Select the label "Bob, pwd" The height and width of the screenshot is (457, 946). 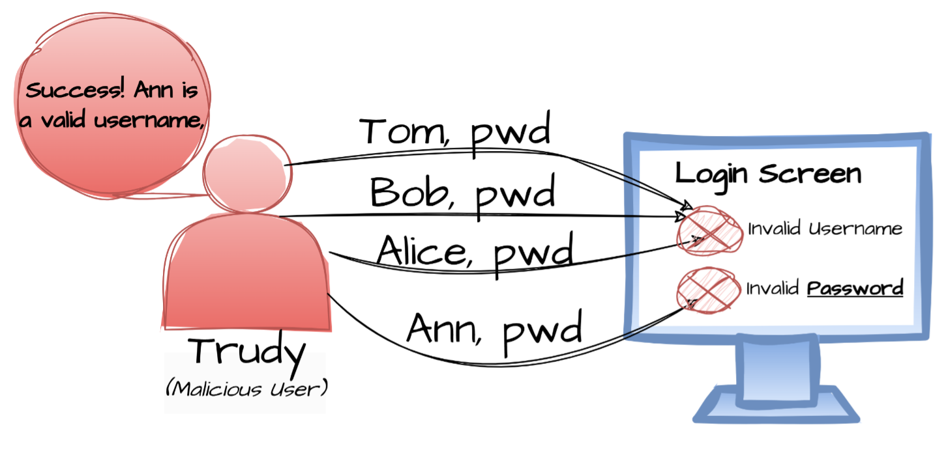[x=462, y=193]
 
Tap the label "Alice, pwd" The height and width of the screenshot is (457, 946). [x=475, y=253]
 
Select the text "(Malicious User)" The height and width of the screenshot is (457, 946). [x=246, y=389]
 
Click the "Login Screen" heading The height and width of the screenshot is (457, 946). [x=768, y=174]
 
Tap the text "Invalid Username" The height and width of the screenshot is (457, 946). [x=825, y=229]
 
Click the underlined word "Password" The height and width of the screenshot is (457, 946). [x=855, y=288]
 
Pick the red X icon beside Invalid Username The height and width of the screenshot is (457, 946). [x=709, y=230]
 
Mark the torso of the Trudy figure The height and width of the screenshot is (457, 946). [x=246, y=273]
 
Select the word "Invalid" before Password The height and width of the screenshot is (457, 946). [x=773, y=288]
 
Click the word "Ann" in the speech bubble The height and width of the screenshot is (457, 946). [x=154, y=91]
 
